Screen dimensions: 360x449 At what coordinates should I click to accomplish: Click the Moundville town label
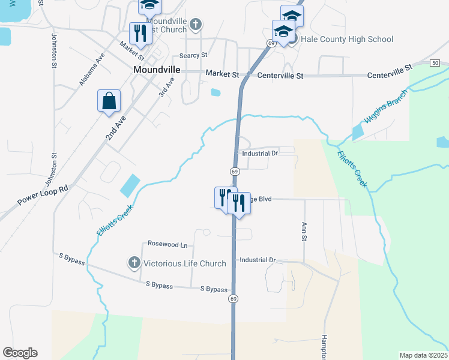[x=156, y=70]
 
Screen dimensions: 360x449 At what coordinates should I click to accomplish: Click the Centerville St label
[x=280, y=76]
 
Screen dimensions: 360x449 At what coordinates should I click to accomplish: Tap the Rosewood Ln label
[x=167, y=245]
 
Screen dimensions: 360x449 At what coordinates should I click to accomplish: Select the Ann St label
[x=304, y=230]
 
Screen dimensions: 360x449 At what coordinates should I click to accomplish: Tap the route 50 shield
[x=435, y=63]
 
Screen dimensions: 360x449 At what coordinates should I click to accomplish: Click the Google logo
[x=20, y=353]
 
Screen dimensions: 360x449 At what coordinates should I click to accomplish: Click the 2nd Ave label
[x=116, y=128]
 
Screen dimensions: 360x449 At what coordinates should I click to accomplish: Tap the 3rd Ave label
[x=166, y=88]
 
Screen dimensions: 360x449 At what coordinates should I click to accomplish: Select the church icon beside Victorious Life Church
[x=134, y=263]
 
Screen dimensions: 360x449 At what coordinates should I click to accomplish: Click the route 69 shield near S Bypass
[x=234, y=299]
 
